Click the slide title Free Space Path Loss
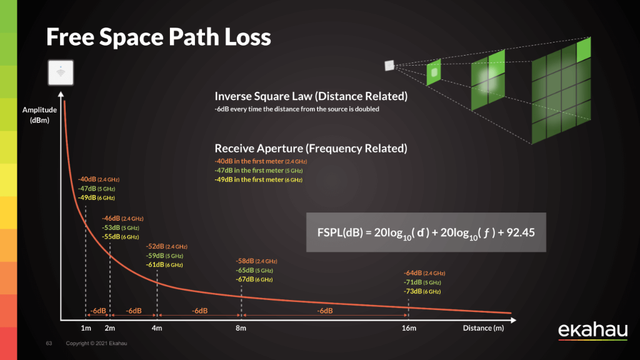coord(159,37)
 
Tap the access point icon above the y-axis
coord(61,73)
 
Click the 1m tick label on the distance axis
coord(86,329)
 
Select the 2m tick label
coord(110,329)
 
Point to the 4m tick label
coord(157,329)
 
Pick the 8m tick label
coord(241,329)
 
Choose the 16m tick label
coord(409,329)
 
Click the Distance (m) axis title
coord(483,329)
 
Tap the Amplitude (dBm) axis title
coord(40,115)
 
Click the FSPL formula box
coord(426,232)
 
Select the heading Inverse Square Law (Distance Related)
coord(311,96)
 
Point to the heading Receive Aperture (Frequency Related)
coord(311,149)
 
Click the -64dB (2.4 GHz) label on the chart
coord(424,273)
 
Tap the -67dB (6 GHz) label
coord(254,279)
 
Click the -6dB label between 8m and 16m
coord(324,311)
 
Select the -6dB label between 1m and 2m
coord(97,311)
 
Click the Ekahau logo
coord(591,331)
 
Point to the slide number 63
coord(49,344)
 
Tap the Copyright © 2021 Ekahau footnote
coord(97,344)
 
